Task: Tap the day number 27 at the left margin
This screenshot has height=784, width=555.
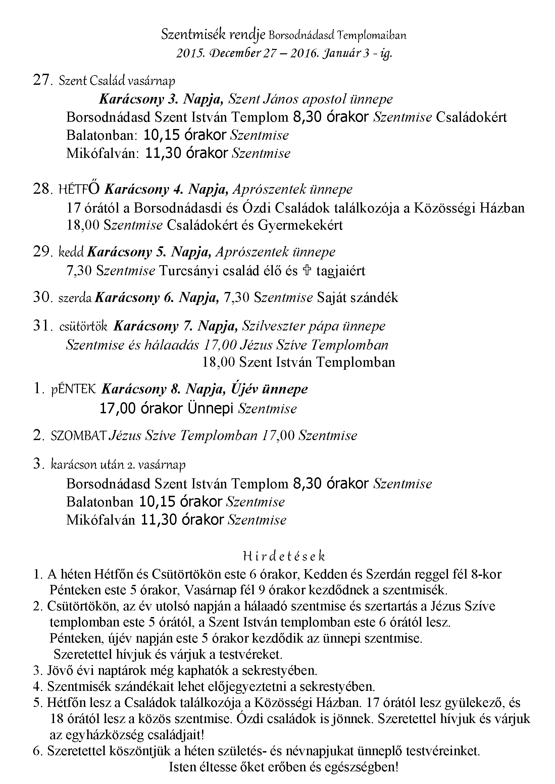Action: point(41,80)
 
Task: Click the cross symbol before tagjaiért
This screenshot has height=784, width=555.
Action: point(307,270)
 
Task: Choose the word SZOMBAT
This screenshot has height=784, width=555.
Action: point(78,436)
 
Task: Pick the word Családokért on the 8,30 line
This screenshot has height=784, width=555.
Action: point(471,117)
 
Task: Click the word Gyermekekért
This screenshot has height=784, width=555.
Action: point(300,225)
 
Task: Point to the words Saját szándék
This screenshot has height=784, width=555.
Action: point(357,298)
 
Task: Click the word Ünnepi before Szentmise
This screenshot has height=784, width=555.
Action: point(210,409)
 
